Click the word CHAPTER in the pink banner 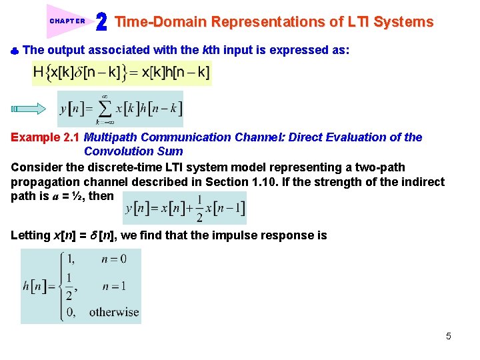67,21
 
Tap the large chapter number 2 101,22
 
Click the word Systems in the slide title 403,22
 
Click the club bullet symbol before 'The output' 15,51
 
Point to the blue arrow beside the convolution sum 27,109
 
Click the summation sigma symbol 105,109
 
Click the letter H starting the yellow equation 39,72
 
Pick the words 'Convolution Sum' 133,151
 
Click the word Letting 30,235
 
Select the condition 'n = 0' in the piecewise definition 113,259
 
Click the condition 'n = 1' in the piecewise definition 113,286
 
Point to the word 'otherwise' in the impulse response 114,311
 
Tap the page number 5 448,336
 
